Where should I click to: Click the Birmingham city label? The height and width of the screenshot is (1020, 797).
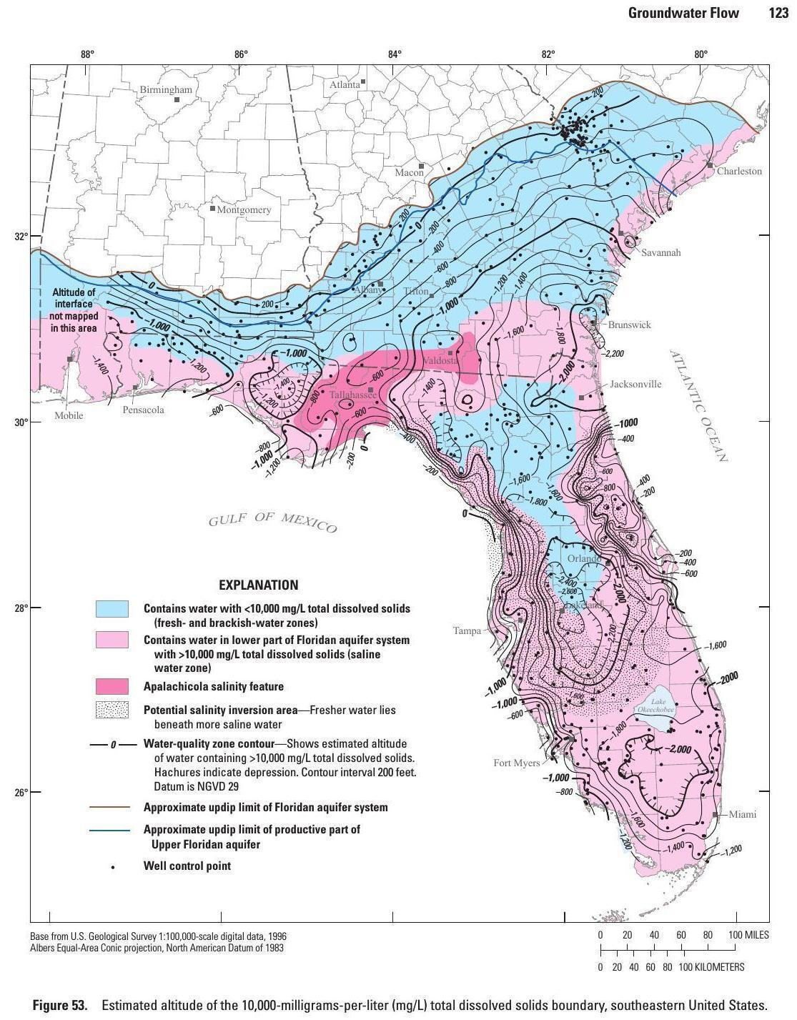click(x=166, y=90)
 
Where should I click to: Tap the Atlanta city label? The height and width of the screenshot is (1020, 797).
click(x=345, y=84)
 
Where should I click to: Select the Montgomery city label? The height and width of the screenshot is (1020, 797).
click(x=244, y=210)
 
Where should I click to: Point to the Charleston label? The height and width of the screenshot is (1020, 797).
click(x=739, y=172)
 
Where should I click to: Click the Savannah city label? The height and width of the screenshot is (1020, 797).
click(x=660, y=253)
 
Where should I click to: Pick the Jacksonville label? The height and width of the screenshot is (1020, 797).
click(x=635, y=385)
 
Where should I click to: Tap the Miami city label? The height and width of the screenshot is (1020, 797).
click(x=743, y=815)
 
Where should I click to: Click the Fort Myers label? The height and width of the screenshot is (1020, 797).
click(x=516, y=763)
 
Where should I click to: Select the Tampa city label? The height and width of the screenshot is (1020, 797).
click(x=467, y=631)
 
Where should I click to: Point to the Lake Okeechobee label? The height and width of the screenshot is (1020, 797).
click(x=653, y=706)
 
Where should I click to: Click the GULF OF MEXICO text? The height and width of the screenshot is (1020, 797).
click(x=272, y=522)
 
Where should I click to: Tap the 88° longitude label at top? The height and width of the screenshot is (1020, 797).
click(x=87, y=54)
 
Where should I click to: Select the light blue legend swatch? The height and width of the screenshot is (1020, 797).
click(x=112, y=609)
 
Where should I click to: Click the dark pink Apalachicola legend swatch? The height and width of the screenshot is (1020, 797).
click(x=112, y=687)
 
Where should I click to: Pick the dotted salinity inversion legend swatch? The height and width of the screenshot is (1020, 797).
click(x=112, y=710)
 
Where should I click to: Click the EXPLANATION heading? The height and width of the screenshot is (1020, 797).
click(x=258, y=585)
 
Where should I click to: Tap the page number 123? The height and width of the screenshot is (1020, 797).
click(x=778, y=13)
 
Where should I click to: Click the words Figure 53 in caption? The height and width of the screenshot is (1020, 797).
click(x=60, y=1006)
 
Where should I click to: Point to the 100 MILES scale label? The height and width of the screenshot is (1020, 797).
click(x=748, y=936)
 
